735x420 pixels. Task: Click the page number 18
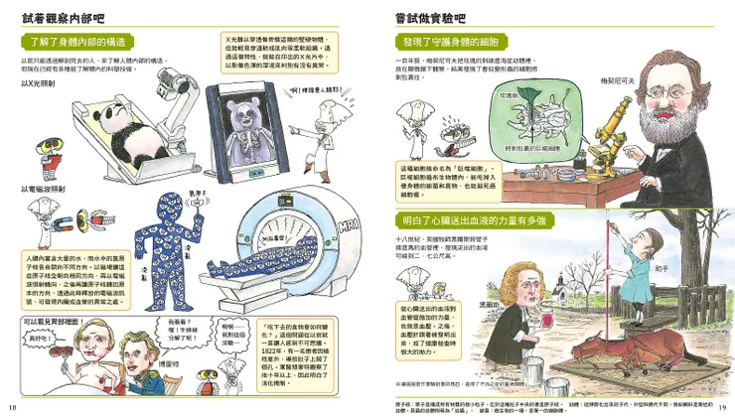[x=13, y=405]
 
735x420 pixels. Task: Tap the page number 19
[x=722, y=405]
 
